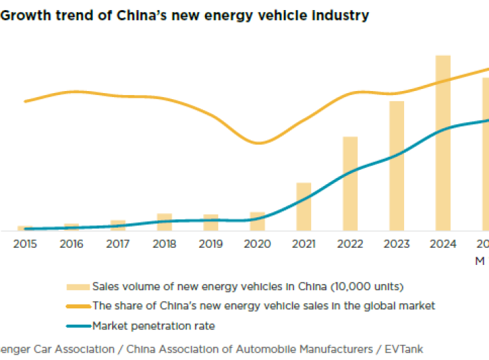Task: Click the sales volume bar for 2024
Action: [443, 143]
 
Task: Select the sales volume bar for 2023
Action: [397, 166]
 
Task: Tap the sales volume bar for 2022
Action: [350, 183]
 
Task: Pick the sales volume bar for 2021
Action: [304, 206]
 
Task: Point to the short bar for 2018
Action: [164, 222]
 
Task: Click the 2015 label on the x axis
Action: [25, 244]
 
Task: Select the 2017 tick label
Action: [118, 244]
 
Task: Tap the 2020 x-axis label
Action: [257, 244]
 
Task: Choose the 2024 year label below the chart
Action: [443, 244]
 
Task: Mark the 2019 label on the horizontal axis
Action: [211, 244]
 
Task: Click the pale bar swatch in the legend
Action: [77, 287]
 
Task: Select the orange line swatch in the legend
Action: [77, 306]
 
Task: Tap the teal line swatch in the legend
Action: [77, 327]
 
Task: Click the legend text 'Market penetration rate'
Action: [153, 327]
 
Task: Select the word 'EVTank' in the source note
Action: [403, 349]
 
